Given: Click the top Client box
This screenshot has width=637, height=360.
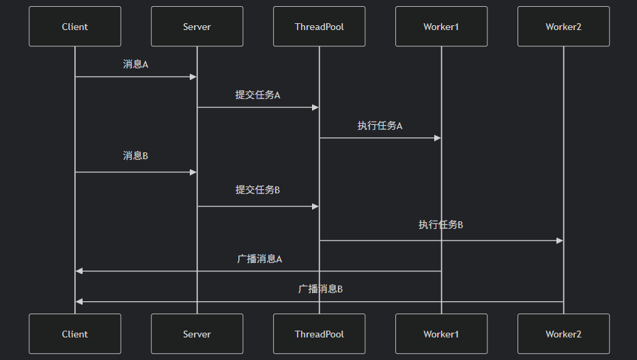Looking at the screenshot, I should [74, 27].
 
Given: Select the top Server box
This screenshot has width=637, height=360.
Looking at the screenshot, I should [197, 27].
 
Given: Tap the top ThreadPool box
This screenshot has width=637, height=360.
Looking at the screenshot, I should [319, 27].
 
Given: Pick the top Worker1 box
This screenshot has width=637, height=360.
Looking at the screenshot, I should [441, 27].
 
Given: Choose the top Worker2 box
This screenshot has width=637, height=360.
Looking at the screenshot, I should [563, 27].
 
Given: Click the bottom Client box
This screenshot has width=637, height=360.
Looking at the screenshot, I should [74, 334].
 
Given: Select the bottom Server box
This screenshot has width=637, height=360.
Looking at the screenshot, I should [197, 334].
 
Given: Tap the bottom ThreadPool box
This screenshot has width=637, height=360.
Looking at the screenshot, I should [319, 334].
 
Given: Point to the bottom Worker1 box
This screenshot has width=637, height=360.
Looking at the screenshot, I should [441, 334].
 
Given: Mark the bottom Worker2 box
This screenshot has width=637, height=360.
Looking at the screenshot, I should [563, 334].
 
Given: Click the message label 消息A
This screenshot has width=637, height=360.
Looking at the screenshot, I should [135, 64].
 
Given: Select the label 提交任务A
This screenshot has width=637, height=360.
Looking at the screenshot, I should [257, 95].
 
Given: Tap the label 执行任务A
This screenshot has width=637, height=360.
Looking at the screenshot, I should [380, 126].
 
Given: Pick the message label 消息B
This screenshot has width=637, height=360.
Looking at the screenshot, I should [135, 156].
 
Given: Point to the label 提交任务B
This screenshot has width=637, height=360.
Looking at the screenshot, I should [257, 190].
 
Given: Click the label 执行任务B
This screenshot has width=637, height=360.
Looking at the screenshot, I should [440, 225].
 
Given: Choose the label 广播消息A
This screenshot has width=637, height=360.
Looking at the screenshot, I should [259, 259].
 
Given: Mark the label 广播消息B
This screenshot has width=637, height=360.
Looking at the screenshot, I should [320, 289].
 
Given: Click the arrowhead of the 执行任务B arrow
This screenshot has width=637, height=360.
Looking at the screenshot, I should [560, 240].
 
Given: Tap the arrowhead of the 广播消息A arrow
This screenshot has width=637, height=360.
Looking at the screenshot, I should [79, 271].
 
